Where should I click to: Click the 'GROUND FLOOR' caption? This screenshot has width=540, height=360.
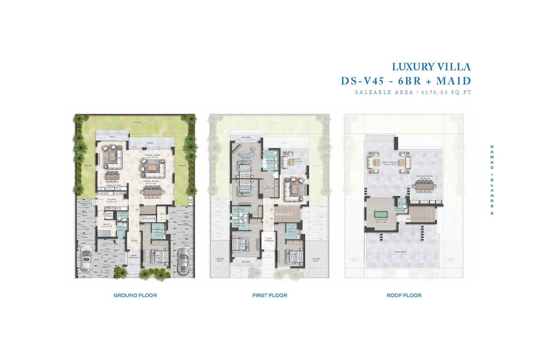coord(135,295)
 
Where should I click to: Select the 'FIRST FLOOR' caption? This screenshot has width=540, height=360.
coord(270,295)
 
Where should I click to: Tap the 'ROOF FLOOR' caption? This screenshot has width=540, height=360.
coord(404,295)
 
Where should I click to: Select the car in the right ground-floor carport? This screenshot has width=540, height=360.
coord(183,260)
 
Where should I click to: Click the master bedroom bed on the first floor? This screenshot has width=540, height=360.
coord(245,171)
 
